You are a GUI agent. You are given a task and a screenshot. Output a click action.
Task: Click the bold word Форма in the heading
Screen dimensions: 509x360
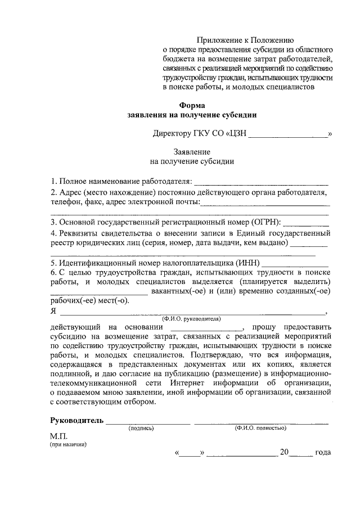tap(192, 105)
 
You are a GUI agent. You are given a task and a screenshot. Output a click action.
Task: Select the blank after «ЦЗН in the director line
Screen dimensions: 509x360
tap(288, 134)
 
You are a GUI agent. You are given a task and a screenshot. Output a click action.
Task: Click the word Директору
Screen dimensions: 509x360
tap(172, 134)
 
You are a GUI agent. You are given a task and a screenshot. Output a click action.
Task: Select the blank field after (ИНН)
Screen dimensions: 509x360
tap(296, 263)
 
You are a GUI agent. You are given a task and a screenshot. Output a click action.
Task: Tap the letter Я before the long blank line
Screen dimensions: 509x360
tap(53, 312)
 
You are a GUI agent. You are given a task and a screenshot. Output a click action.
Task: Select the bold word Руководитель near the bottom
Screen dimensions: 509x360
tap(77, 421)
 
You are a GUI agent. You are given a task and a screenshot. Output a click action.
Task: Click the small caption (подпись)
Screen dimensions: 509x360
tap(141, 428)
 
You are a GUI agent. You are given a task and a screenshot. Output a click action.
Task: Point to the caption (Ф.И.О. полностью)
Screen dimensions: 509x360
tap(261, 428)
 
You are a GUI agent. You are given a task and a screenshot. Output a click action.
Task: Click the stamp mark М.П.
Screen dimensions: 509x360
tap(58, 436)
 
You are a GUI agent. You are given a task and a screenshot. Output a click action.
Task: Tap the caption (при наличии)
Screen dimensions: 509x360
tap(67, 444)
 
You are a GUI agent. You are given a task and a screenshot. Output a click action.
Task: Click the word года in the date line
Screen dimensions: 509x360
tap(323, 452)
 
